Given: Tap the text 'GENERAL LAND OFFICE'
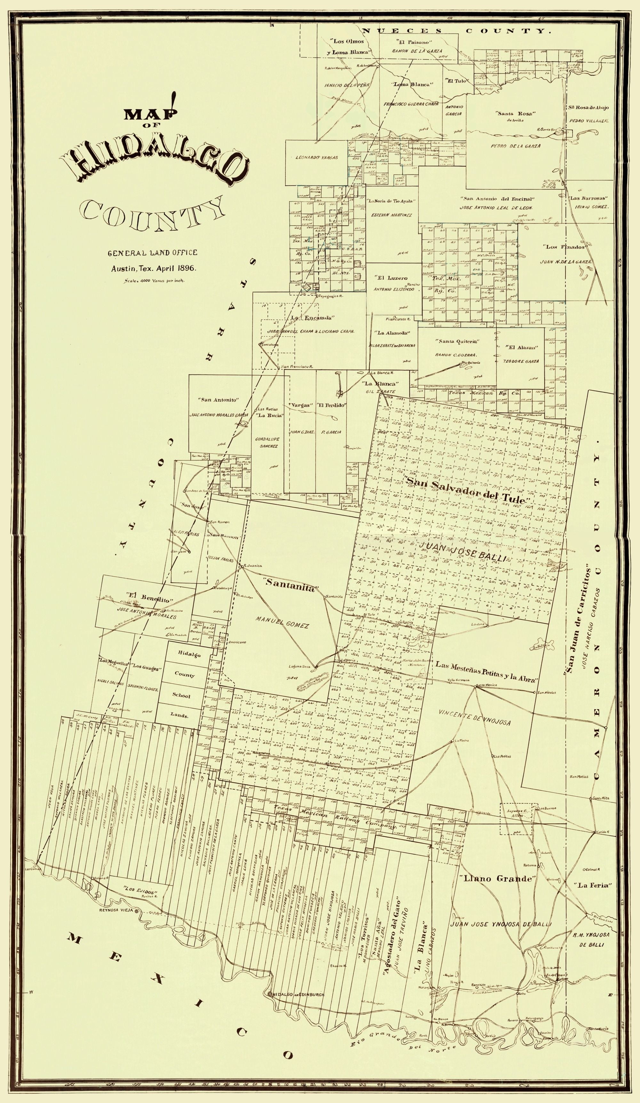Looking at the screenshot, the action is (x=152, y=253).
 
